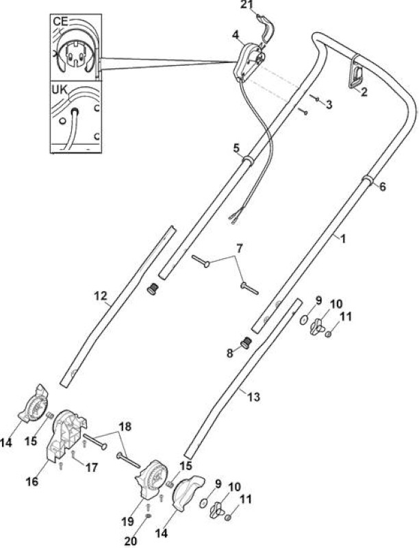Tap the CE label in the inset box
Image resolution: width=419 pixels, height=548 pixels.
(60, 21)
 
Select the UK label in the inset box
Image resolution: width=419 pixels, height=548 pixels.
(60, 90)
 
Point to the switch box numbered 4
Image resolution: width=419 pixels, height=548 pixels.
(249, 60)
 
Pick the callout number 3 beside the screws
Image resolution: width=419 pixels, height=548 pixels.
(329, 105)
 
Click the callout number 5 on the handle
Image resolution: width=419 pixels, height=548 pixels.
(236, 149)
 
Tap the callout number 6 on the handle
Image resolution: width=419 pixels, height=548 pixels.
(383, 186)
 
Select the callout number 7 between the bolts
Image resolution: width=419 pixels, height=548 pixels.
(239, 249)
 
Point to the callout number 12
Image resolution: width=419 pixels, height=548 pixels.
(101, 296)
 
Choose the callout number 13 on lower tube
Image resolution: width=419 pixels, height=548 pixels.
(254, 397)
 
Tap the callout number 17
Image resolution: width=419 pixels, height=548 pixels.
(92, 467)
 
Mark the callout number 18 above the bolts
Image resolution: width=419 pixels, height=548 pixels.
(125, 426)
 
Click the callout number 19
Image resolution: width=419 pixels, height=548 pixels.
(128, 522)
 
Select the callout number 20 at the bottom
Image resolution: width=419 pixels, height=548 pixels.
(131, 541)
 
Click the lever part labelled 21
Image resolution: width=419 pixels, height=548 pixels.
(266, 29)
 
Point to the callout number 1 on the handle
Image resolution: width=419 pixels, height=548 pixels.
(343, 238)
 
